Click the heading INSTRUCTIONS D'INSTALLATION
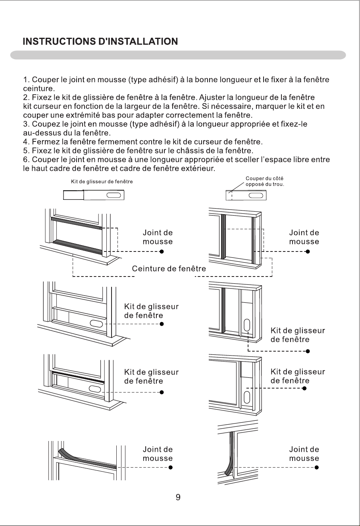point(100,41)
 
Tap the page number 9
point(178,497)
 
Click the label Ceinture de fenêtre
point(169,269)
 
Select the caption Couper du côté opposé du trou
point(265,181)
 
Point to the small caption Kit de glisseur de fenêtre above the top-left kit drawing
point(102,182)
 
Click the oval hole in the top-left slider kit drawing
point(114,195)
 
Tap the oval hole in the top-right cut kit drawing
point(256,195)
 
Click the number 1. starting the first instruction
point(26,79)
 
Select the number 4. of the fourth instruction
point(26,142)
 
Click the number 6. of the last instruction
point(26,160)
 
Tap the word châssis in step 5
point(187,151)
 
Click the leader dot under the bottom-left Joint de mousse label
point(171,467)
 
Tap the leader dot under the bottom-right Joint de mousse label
point(317,467)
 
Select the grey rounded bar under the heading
point(178,55)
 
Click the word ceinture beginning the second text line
point(38,89)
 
